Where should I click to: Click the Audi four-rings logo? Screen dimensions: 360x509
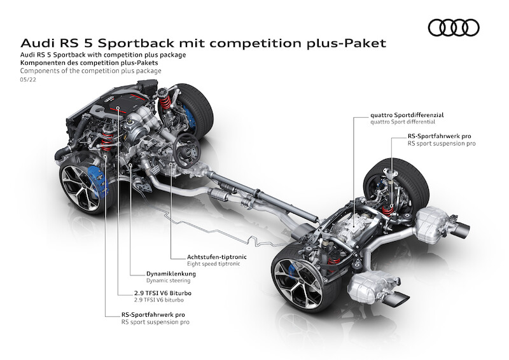pos(453,27)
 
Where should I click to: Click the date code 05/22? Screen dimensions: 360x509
pos(28,80)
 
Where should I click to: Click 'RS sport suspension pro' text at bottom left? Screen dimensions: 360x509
pos(155,322)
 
